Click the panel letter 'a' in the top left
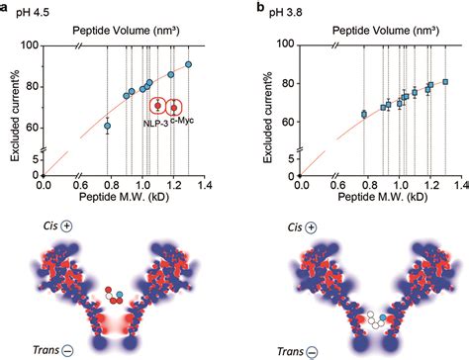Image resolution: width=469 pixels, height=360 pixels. (6, 7)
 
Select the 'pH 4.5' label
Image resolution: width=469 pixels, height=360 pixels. (33, 13)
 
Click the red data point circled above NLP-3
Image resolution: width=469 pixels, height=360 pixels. (156, 105)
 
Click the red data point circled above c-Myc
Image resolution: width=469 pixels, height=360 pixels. (174, 107)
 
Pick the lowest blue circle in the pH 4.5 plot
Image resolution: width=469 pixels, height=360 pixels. (108, 127)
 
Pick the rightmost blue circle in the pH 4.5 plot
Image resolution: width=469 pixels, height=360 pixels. (189, 65)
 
